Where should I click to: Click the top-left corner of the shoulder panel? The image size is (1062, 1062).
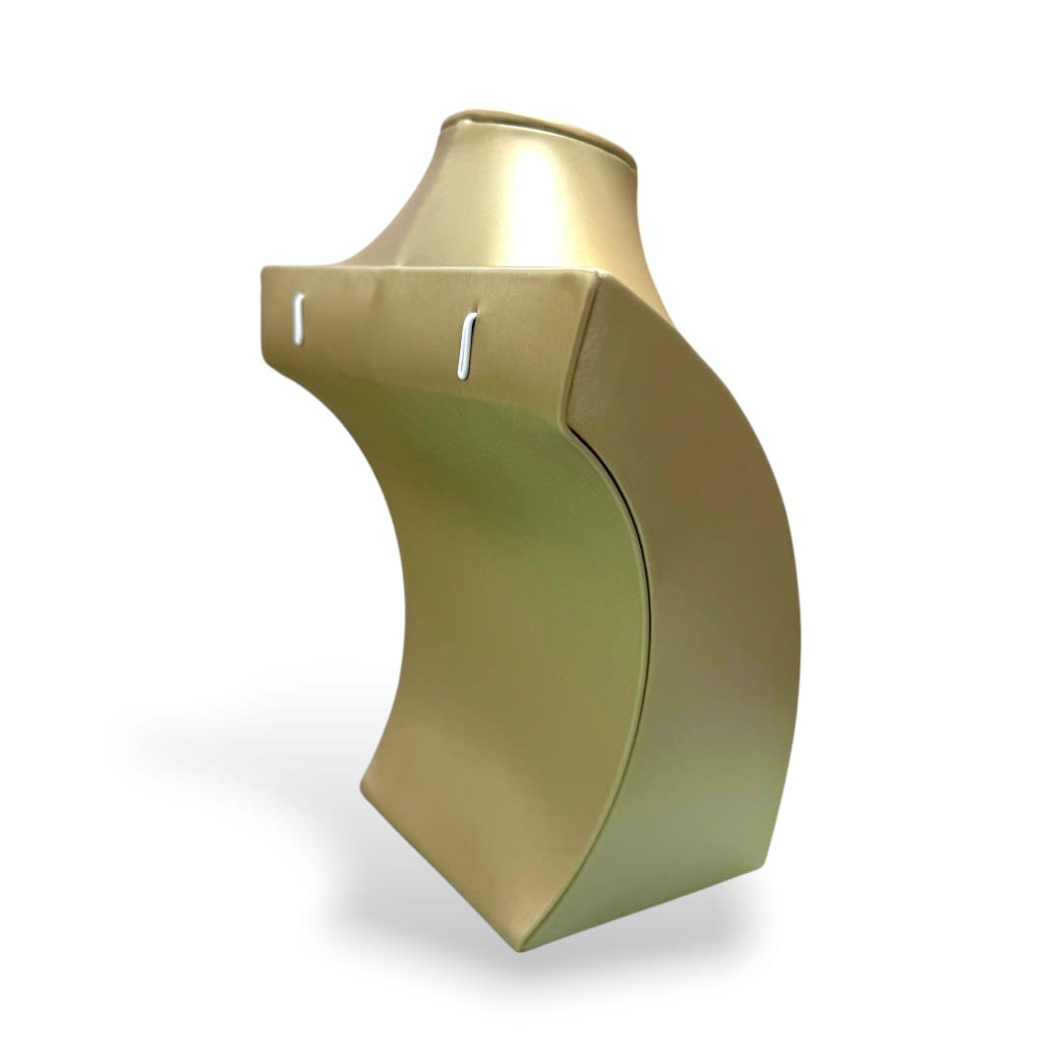(264, 267)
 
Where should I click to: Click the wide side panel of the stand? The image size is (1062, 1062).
(708, 610)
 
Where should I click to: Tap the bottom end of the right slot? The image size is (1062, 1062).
(461, 373)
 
